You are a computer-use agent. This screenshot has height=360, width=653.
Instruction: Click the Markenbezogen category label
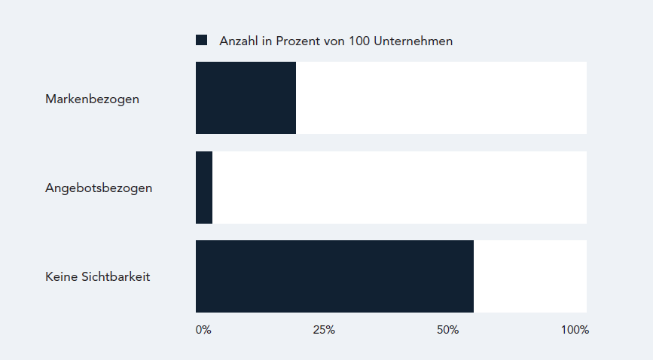[92, 99]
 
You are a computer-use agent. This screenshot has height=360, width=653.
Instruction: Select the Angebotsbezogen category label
[99, 188]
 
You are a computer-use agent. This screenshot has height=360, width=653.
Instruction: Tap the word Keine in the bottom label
[61, 276]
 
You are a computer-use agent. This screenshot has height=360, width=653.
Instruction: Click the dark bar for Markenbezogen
[246, 98]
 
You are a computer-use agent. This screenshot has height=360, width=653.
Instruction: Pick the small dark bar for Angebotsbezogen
[204, 188]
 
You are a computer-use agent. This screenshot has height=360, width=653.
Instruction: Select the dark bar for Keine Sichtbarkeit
[334, 276]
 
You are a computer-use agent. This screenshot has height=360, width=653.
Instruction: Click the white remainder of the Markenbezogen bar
[441, 98]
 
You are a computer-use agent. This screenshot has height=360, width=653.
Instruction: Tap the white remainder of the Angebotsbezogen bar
[399, 188]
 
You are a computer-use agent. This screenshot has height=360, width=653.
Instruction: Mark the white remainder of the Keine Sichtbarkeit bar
[529, 276]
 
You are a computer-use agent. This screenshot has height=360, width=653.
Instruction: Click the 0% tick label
[203, 330]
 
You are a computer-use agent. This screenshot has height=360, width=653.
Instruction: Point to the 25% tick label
[324, 330]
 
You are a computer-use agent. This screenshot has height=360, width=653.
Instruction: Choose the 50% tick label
[447, 330]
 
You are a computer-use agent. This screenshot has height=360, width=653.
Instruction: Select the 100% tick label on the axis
[575, 330]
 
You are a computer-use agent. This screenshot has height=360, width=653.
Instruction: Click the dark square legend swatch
[201, 41]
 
